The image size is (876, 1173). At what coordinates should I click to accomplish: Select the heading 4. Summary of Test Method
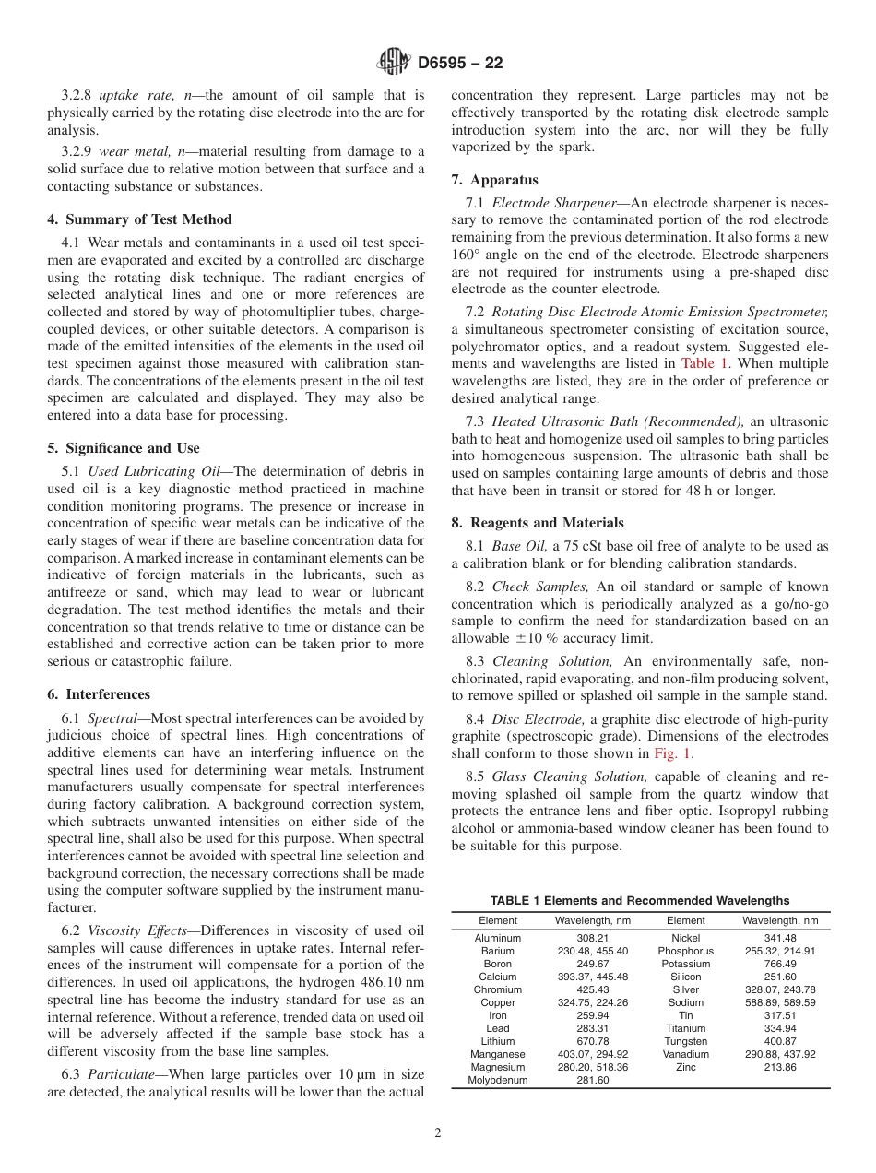(x=139, y=219)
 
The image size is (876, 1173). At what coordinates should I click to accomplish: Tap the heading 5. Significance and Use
(x=124, y=448)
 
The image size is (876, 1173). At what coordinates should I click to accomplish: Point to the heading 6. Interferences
(x=99, y=694)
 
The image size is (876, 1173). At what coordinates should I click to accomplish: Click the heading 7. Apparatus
(x=495, y=180)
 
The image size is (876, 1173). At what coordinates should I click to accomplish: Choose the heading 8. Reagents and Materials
(x=538, y=522)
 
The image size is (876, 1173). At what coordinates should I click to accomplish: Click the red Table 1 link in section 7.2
(x=704, y=364)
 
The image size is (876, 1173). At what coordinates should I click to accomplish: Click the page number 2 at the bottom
(x=438, y=1133)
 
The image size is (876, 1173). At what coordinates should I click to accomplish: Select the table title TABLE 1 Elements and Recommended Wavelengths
(x=640, y=900)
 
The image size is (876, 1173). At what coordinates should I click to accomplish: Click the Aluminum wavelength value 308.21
(x=592, y=938)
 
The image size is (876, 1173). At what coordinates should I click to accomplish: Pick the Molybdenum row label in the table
(x=498, y=1080)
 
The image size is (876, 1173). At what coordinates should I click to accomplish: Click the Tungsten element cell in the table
(x=685, y=1041)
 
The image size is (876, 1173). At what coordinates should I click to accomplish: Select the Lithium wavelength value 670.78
(x=592, y=1041)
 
